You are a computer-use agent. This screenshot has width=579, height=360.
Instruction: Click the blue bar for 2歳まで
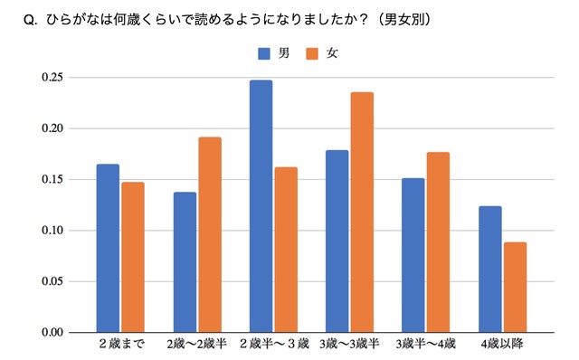pyautogui.click(x=108, y=248)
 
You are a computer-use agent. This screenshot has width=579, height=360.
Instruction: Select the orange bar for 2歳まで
pyautogui.click(x=133, y=257)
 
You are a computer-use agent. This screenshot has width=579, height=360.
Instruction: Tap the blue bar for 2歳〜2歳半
pyautogui.click(x=185, y=262)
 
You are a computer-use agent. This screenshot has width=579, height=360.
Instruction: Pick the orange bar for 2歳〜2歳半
pyautogui.click(x=210, y=234)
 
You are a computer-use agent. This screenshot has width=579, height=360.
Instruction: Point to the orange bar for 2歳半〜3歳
pyautogui.click(x=286, y=250)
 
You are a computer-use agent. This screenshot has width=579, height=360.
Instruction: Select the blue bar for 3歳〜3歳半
pyautogui.click(x=337, y=242)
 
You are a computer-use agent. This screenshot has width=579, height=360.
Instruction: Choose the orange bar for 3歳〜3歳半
pyautogui.click(x=362, y=213)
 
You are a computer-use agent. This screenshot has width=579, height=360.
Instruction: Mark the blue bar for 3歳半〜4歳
pyautogui.click(x=413, y=255)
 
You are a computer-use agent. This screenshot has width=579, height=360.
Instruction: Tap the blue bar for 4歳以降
pyautogui.click(x=489, y=269)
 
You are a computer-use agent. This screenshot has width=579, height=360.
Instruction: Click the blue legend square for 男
pyautogui.click(x=264, y=53)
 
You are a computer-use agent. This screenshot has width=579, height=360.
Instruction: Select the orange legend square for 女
pyautogui.click(x=312, y=53)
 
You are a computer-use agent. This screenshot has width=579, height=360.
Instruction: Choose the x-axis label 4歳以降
pyautogui.click(x=502, y=346)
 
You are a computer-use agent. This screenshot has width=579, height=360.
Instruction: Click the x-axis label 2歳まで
pyautogui.click(x=120, y=346)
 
